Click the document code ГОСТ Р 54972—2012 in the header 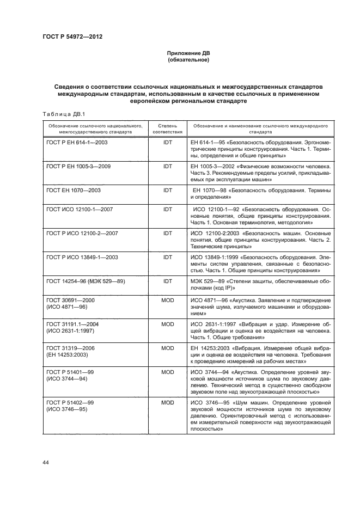72,36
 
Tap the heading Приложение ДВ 188,53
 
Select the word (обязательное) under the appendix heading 188,60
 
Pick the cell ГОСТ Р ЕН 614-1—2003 77,142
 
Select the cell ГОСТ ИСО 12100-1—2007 80,208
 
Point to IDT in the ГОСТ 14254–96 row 168,280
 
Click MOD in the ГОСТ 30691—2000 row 168,300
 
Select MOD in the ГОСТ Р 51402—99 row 168,402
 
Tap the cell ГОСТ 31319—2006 70,348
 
